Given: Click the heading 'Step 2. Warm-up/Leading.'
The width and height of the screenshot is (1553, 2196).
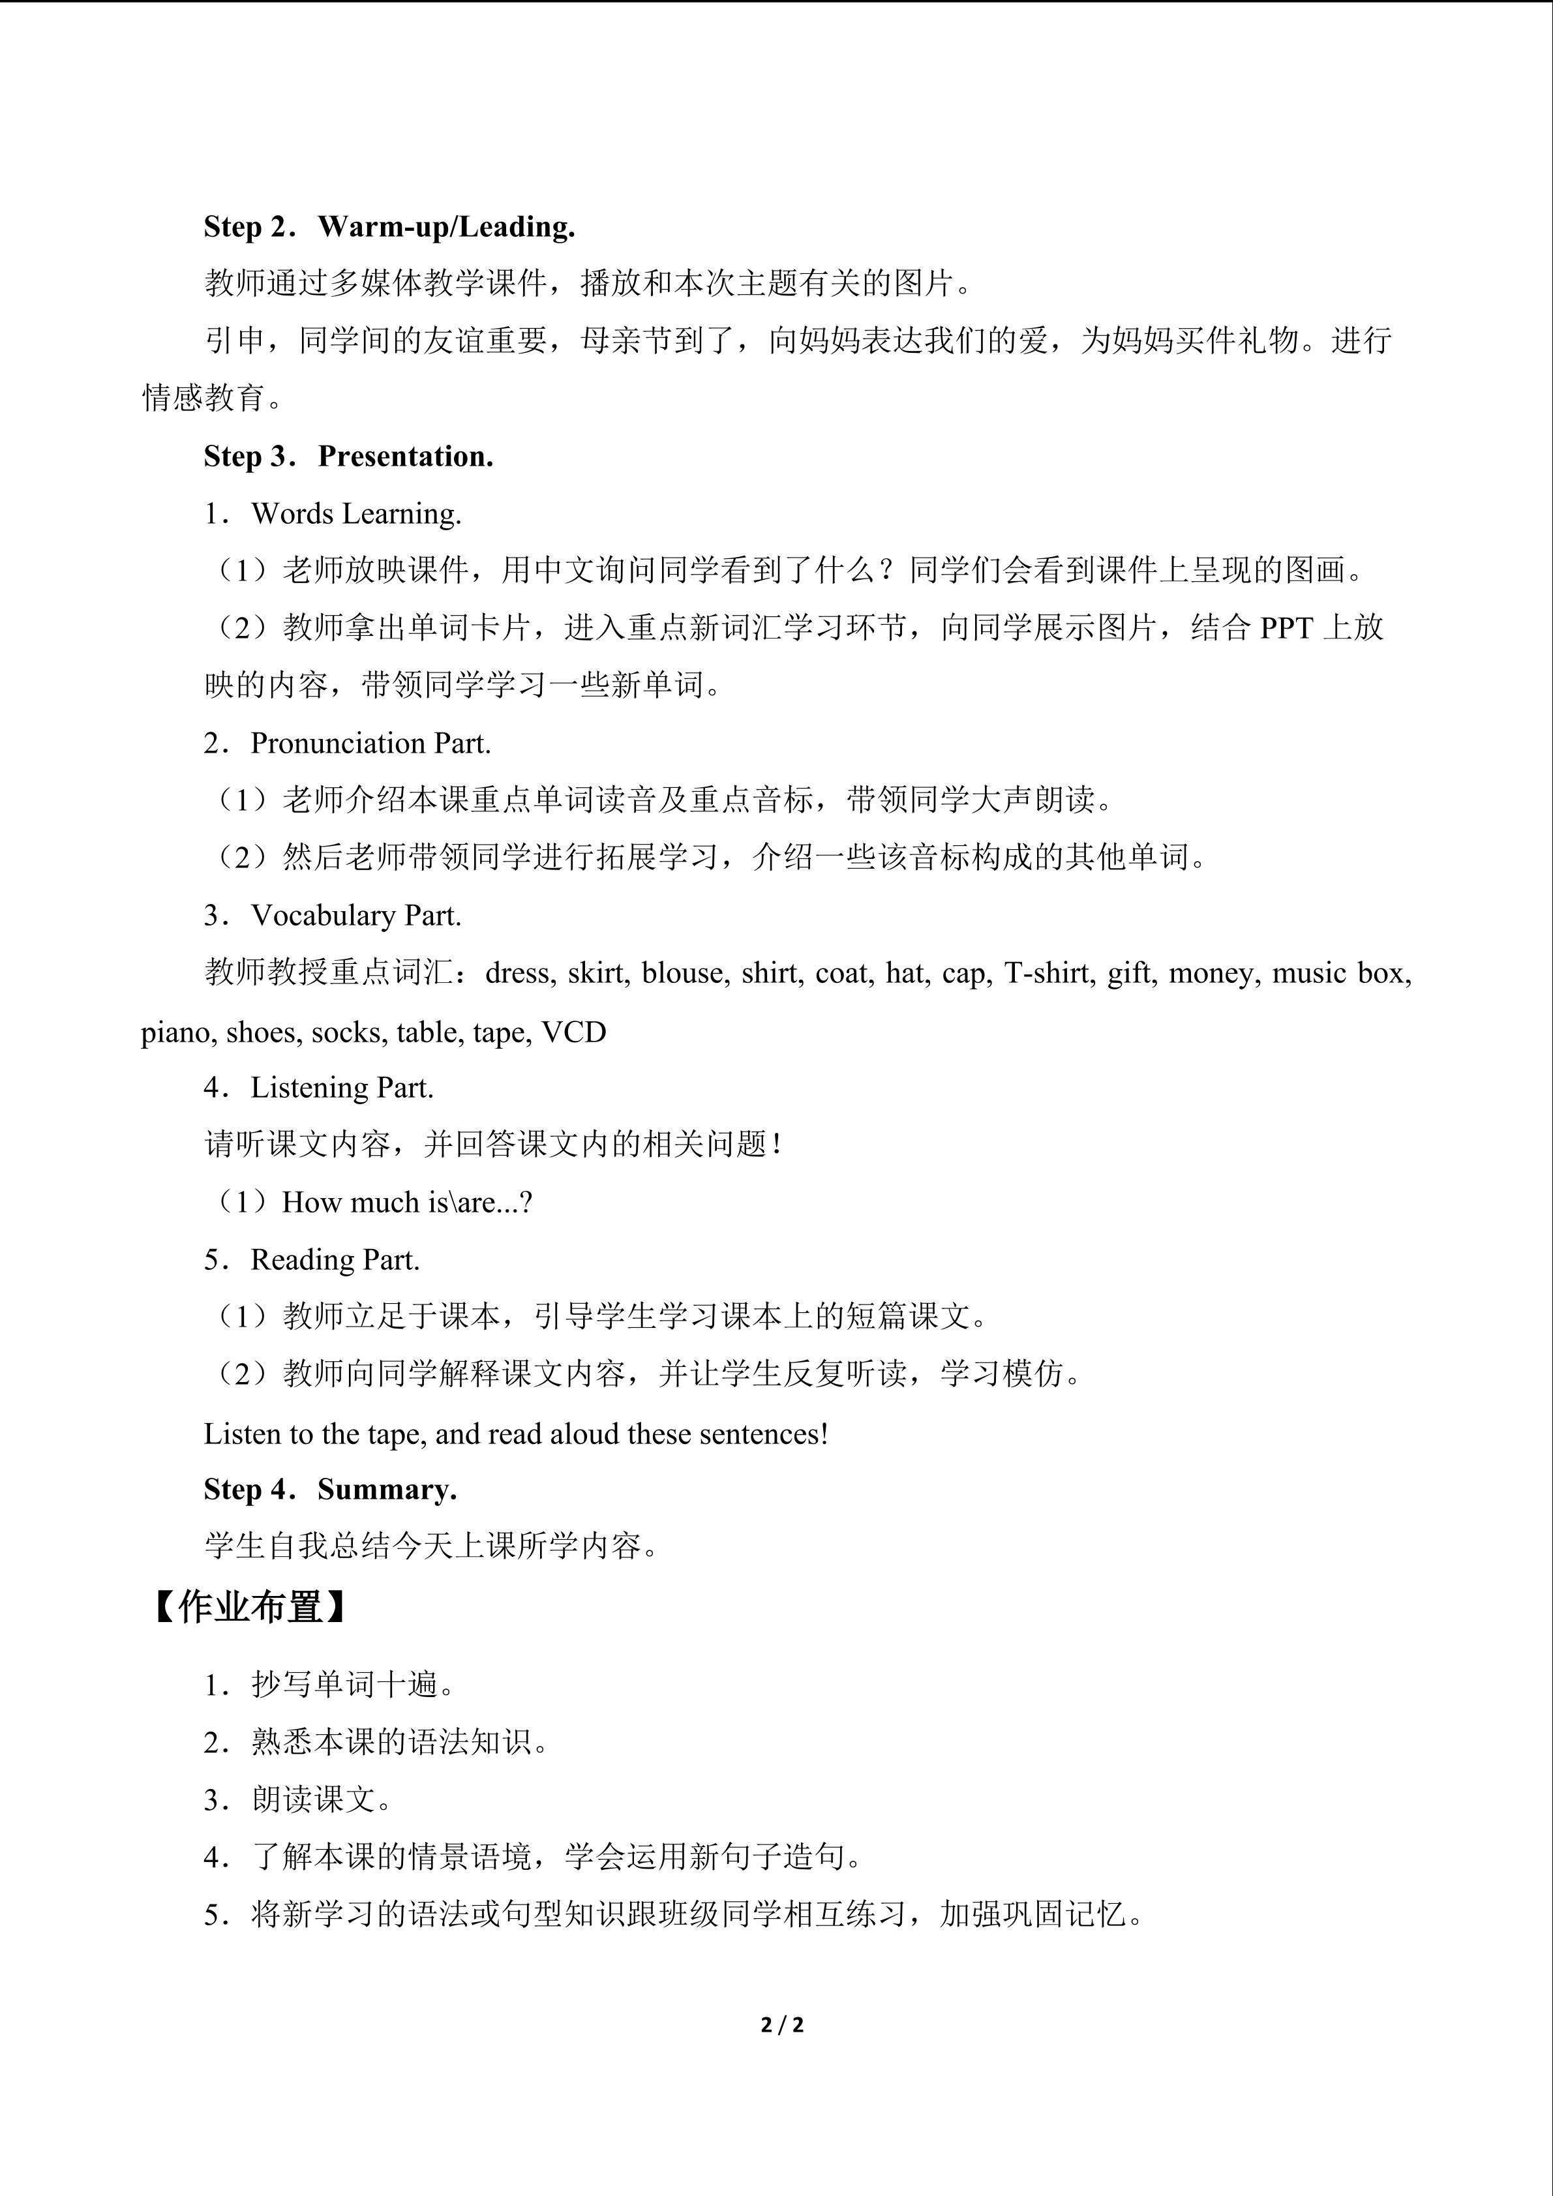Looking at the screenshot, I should (x=389, y=227).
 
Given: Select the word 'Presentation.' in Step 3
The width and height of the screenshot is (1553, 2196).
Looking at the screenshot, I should (x=406, y=457).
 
